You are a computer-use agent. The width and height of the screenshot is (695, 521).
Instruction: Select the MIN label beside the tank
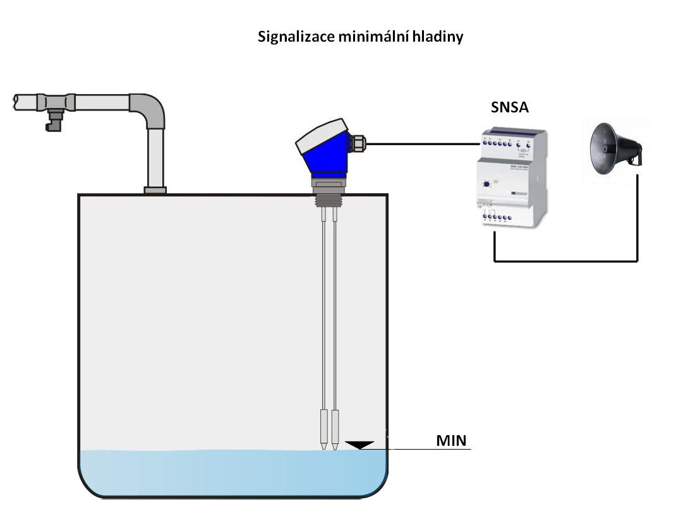(451, 440)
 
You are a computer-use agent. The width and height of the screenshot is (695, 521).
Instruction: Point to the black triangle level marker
(361, 445)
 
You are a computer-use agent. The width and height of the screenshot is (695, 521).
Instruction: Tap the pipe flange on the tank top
(155, 189)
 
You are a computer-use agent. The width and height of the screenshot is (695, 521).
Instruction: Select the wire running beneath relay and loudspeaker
(565, 260)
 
